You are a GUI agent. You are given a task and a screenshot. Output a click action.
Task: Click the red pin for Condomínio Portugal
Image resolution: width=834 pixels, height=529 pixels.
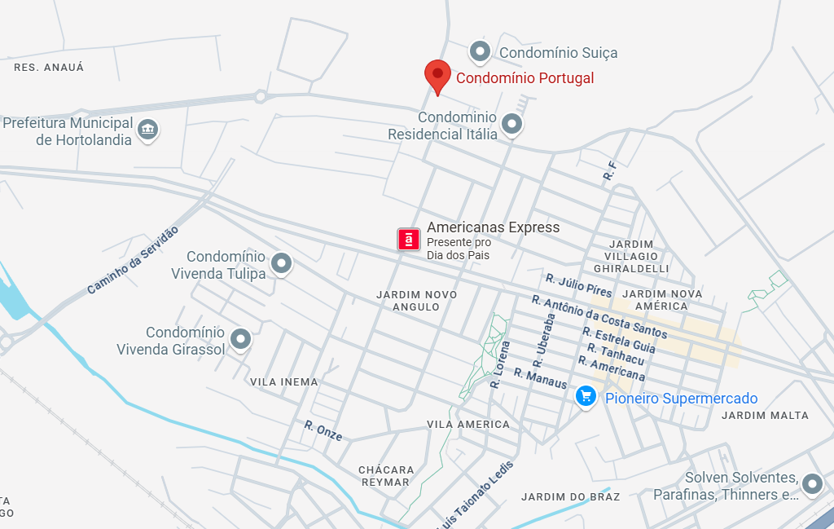[437, 75]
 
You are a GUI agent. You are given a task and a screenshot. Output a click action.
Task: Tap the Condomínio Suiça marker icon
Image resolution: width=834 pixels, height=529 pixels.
[481, 51]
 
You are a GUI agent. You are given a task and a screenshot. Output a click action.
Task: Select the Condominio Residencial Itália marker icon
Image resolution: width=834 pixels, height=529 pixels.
[511, 124]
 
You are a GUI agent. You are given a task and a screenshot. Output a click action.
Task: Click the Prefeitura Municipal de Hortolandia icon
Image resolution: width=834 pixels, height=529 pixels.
[147, 130]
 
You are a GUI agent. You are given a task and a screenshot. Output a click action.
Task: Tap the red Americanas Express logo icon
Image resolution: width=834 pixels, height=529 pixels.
[409, 239]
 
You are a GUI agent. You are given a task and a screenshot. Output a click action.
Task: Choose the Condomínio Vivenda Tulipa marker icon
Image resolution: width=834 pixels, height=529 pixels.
[281, 263]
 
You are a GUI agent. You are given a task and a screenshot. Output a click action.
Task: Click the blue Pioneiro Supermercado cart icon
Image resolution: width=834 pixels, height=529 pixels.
[586, 397]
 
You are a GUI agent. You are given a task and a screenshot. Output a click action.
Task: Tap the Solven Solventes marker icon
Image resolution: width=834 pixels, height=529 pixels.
[812, 484]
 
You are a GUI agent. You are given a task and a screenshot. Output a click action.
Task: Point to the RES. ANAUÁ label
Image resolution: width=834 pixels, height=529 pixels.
[49, 68]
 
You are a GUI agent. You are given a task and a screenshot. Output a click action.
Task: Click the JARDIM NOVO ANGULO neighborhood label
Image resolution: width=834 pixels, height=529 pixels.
[416, 301]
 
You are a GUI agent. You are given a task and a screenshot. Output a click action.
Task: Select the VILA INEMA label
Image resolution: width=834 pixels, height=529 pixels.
[284, 381]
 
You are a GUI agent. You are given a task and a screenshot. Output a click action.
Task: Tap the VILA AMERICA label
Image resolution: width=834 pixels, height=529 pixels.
[468, 425]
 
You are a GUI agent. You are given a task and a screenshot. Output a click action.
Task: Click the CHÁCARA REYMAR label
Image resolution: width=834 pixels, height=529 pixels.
[386, 476]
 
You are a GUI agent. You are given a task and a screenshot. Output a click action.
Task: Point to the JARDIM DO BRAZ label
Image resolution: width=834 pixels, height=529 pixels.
[571, 496]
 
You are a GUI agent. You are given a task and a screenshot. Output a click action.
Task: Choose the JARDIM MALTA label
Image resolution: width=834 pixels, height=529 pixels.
[766, 416]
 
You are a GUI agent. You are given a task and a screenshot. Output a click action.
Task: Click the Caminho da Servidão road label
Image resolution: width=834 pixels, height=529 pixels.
[132, 261]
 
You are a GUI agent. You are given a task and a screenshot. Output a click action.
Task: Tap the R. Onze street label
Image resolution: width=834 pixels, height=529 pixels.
[323, 430]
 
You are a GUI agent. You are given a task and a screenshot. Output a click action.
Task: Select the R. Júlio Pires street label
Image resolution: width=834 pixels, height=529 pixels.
[579, 286]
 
